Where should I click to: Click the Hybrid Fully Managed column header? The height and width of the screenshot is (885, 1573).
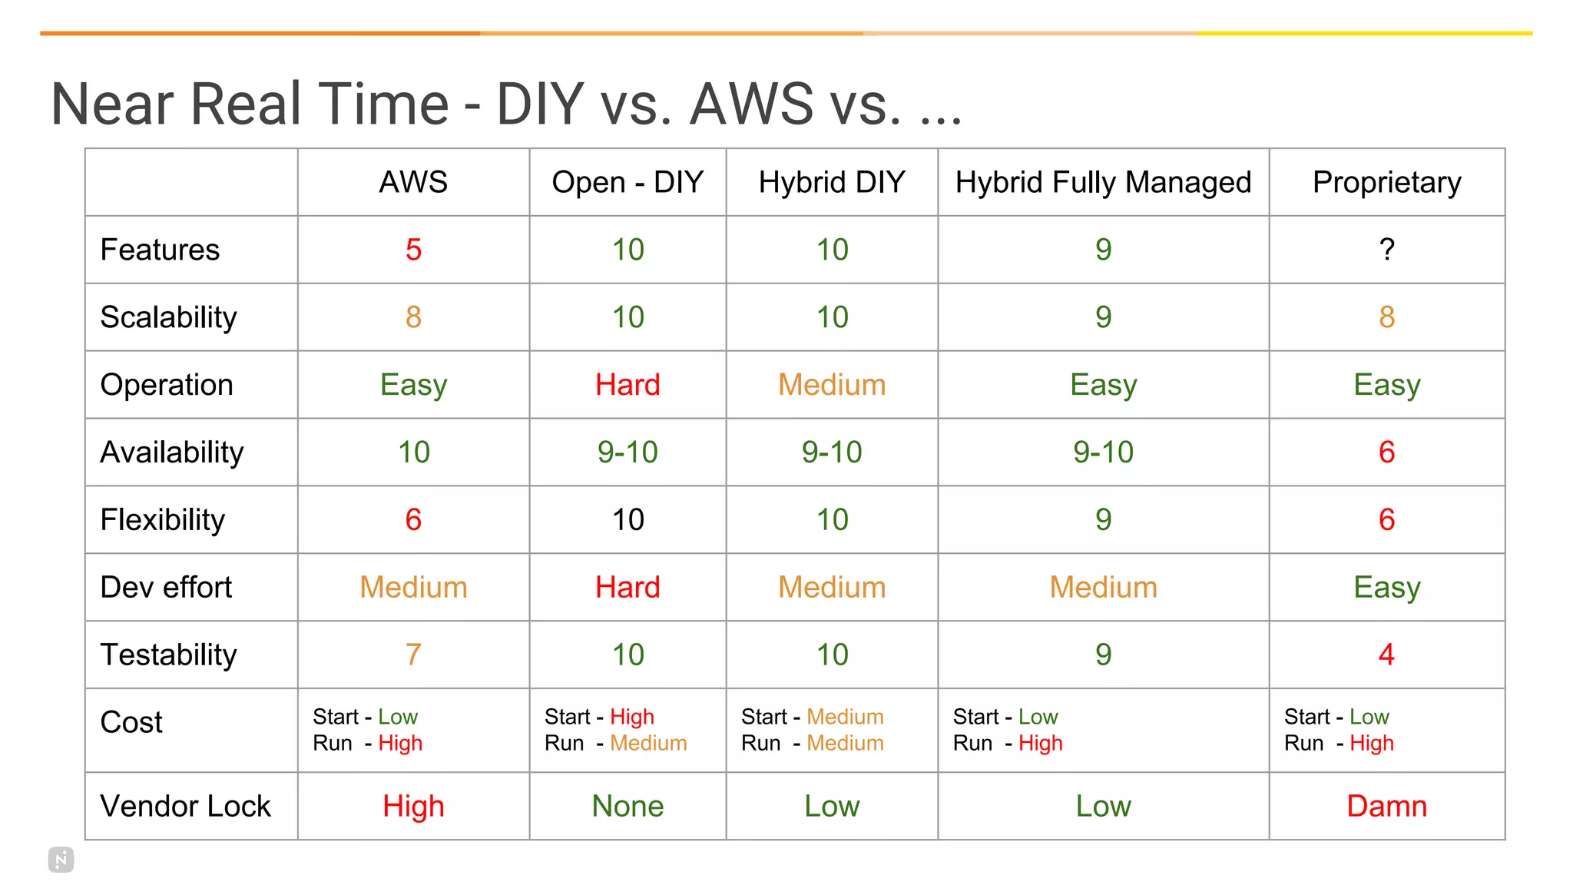[x=1103, y=183]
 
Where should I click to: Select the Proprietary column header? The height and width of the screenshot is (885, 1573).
[x=1386, y=183]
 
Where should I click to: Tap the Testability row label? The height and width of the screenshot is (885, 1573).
[x=168, y=655]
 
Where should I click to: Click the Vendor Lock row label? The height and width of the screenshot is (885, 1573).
[x=185, y=806]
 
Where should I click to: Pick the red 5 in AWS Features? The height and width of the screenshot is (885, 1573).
[x=413, y=250]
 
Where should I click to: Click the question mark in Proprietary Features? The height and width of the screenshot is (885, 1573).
[x=1386, y=250]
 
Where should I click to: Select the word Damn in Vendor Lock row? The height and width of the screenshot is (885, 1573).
[x=1386, y=806]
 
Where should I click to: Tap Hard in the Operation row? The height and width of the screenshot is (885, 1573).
[x=628, y=385]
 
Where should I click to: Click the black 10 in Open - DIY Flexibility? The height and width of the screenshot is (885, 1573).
[x=628, y=520]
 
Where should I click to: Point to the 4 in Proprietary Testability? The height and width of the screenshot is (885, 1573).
[x=1386, y=655]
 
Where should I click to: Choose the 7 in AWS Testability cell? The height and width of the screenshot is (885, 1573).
[x=413, y=655]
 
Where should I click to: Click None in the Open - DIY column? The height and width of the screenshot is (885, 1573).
[x=628, y=806]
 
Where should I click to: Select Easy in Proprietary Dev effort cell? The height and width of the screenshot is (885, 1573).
[x=1386, y=588]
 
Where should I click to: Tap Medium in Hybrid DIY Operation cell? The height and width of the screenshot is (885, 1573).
[x=832, y=385]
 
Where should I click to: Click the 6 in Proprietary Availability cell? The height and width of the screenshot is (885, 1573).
[x=1386, y=452]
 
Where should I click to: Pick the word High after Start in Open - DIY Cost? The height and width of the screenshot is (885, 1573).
[x=632, y=717]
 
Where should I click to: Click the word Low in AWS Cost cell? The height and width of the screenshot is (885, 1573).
[x=398, y=717]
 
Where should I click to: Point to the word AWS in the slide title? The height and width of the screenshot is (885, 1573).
[x=751, y=104]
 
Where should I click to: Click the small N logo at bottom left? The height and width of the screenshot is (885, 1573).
[x=61, y=860]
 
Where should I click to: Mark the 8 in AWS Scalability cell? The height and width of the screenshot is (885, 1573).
[x=413, y=317]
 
